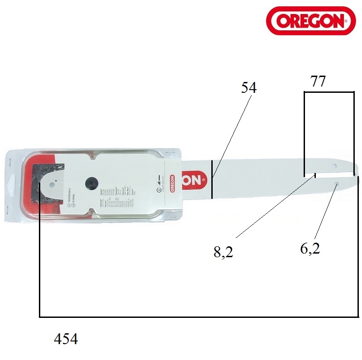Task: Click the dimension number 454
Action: click(x=66, y=339)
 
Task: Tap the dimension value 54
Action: click(x=248, y=88)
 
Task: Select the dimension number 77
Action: click(x=318, y=82)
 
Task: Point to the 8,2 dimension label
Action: click(x=223, y=252)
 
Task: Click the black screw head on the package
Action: click(x=91, y=183)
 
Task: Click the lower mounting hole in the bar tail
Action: click(x=337, y=183)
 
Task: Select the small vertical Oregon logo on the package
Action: click(x=172, y=183)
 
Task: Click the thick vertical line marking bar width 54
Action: click(x=211, y=179)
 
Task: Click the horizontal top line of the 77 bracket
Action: click(x=329, y=92)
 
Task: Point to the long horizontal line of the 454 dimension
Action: click(x=199, y=317)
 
